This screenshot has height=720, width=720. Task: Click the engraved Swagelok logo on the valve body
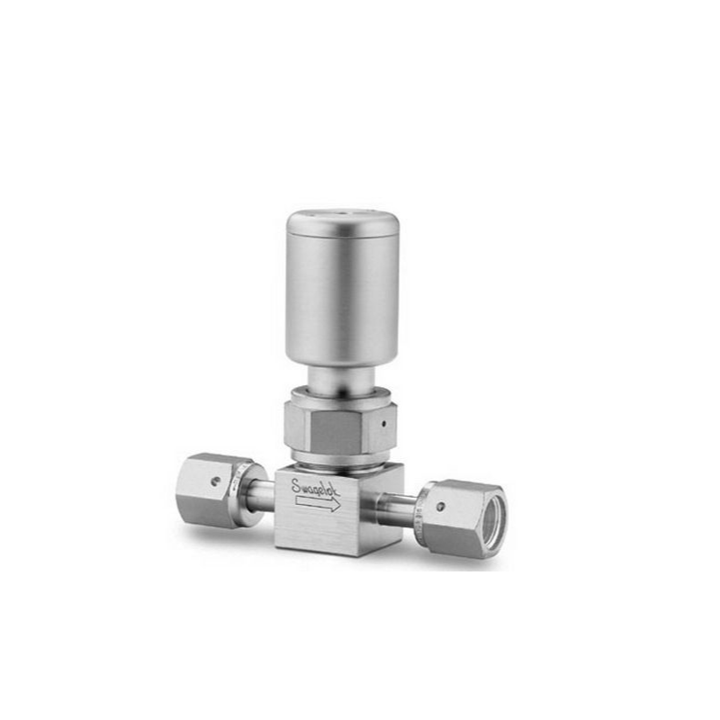[x=316, y=488]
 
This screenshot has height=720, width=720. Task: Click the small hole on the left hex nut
[x=213, y=481]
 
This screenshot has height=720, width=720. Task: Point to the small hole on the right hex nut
[x=441, y=507]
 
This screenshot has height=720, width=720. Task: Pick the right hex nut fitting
[x=463, y=517]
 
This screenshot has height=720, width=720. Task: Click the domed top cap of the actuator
[x=343, y=220]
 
